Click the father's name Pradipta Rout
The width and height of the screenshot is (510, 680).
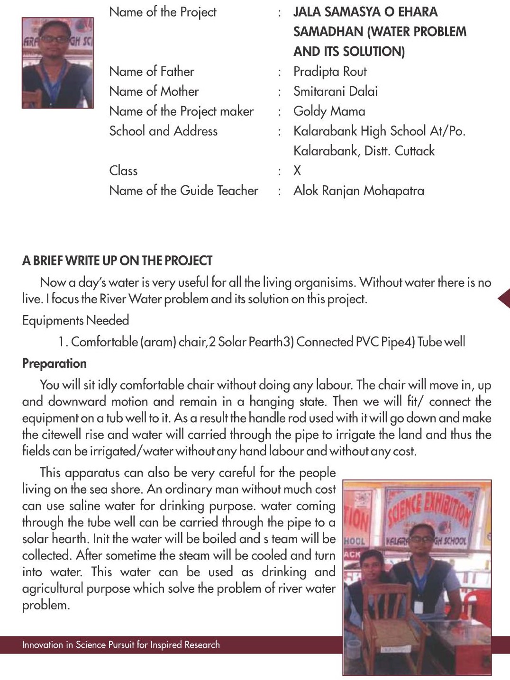tap(330, 72)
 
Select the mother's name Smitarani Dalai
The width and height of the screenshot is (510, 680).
tap(335, 91)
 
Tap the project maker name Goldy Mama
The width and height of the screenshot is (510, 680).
tap(329, 111)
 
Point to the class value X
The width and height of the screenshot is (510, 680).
tap(297, 171)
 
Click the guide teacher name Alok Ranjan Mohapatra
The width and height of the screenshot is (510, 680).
tap(358, 190)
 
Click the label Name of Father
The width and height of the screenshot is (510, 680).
tap(152, 72)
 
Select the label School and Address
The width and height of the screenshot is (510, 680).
tap(163, 131)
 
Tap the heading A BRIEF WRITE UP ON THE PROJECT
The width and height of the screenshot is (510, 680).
tap(117, 261)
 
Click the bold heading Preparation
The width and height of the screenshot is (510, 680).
tap(55, 363)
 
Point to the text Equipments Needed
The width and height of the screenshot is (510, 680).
tap(75, 320)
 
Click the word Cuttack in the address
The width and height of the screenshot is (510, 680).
tap(415, 151)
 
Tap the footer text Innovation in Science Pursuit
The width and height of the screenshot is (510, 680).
tap(121, 644)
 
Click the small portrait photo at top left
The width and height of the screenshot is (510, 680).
tap(58, 63)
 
